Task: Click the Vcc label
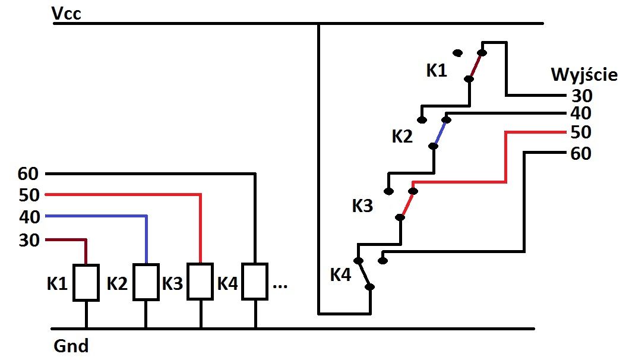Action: pos(67,14)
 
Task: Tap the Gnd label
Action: pos(71,346)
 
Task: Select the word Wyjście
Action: pos(584,75)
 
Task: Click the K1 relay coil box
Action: pos(86,283)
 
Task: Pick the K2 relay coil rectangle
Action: pos(146,282)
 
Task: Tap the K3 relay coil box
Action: pos(200,281)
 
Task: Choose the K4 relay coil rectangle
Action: pos(255,281)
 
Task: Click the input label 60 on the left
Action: pos(28,174)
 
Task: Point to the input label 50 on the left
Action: pos(29,195)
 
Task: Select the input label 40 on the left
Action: pos(30,217)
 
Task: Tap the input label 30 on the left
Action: pos(29,240)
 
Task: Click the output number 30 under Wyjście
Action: pos(582,96)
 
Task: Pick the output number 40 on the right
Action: pos(581,113)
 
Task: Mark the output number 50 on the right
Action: pos(581,132)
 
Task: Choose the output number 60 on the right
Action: pos(581,154)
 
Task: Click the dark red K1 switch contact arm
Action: pos(476,66)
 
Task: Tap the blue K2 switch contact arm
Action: pos(440,133)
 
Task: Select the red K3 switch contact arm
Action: pos(407,204)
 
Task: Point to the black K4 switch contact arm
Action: pos(364,274)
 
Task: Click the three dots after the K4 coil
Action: pos(280,286)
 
